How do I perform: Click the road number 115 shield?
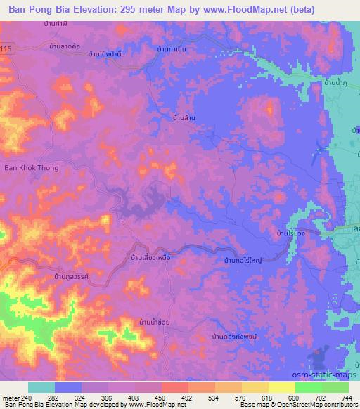[x=6, y=48]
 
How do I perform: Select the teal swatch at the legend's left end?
[x=41, y=387]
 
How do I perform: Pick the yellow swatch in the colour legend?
[x=282, y=387]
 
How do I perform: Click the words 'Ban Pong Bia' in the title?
[x=37, y=10]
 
